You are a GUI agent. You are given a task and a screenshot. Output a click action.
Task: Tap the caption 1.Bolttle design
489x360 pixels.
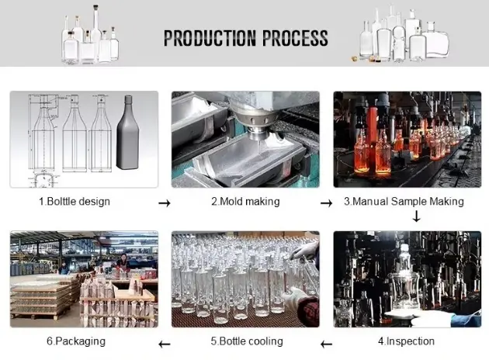point(75,202)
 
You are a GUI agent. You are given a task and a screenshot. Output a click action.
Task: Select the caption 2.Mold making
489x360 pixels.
point(245,202)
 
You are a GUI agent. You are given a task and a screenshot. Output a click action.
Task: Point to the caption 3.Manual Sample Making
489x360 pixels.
point(404,202)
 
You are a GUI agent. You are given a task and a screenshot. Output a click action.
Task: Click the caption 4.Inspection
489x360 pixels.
point(406,341)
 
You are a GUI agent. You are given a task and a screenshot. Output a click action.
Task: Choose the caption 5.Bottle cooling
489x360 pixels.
point(247,341)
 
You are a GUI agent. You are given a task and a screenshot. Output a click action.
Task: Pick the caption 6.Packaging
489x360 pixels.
point(76,341)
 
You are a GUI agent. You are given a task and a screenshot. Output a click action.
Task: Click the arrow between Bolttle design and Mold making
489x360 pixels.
point(164,202)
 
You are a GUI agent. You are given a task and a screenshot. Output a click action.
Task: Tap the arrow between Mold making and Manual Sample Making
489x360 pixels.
point(327,202)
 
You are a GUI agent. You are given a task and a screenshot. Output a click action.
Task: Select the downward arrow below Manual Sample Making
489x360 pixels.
point(416,217)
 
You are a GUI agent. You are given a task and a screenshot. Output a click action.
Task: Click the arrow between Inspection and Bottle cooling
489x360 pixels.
point(327,342)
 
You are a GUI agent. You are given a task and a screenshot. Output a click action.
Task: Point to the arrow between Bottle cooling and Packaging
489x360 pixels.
point(164,342)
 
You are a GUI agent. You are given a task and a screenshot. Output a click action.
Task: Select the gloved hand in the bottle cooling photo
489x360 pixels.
point(299,299)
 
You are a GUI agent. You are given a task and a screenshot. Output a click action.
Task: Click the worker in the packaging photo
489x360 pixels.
point(123,264)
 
